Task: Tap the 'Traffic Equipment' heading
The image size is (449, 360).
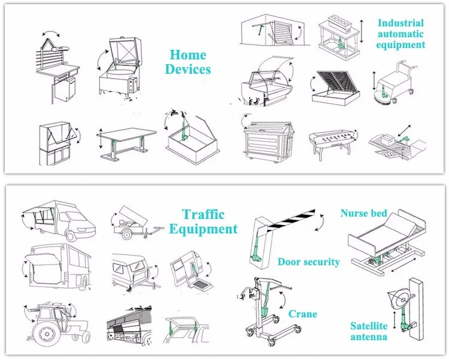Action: click(x=203, y=221)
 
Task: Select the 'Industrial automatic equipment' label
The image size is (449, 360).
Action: click(x=401, y=34)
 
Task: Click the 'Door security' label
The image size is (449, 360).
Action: click(x=309, y=262)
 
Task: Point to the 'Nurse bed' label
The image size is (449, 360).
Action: click(x=363, y=213)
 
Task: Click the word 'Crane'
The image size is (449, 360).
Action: click(x=303, y=314)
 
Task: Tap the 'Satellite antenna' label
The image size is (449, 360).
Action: click(x=369, y=331)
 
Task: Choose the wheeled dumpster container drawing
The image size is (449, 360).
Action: click(x=267, y=141)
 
